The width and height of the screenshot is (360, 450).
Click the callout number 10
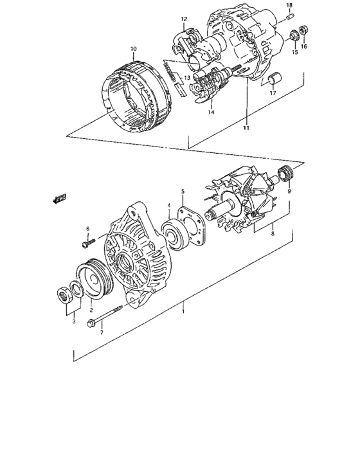[x=134, y=49]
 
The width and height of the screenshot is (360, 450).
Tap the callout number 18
[x=289, y=5]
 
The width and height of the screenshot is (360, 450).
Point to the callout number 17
[x=273, y=93]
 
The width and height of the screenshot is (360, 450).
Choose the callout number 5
[x=183, y=191]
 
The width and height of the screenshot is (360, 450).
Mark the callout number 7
[x=101, y=332]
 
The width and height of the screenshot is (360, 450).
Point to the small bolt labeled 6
[x=88, y=243]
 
